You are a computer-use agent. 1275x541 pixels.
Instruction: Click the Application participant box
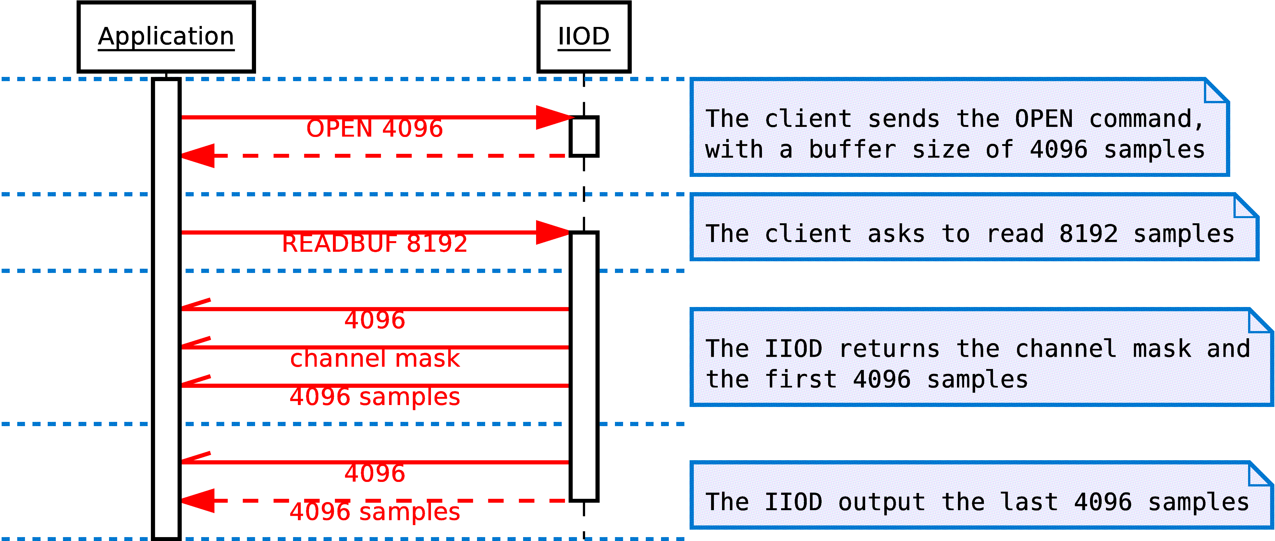coord(166,37)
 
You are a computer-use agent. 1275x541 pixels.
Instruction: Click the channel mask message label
coord(375,358)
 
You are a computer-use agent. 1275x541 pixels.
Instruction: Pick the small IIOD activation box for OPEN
coord(584,137)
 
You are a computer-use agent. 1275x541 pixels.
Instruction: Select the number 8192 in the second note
coord(1088,234)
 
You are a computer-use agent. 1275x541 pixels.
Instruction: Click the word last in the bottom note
coord(1028,502)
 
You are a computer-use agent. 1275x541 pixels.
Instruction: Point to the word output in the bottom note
coord(881,502)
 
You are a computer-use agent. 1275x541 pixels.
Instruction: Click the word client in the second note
coord(808,234)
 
